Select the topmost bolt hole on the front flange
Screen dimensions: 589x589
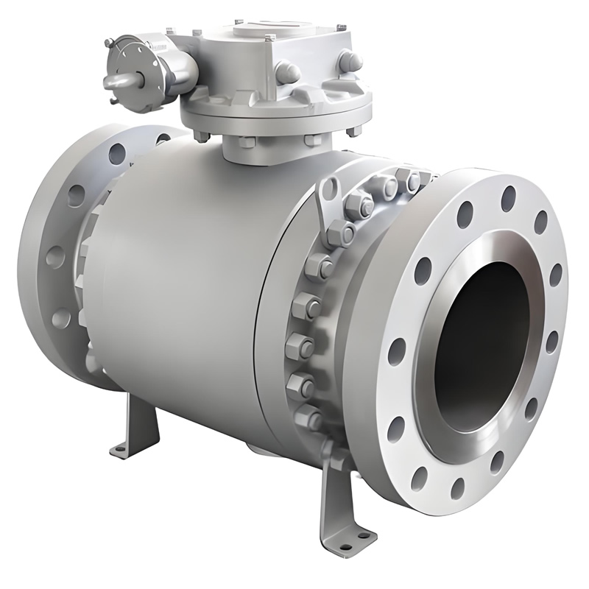coord(508,198)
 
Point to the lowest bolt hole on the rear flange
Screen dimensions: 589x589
coord(62,319)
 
